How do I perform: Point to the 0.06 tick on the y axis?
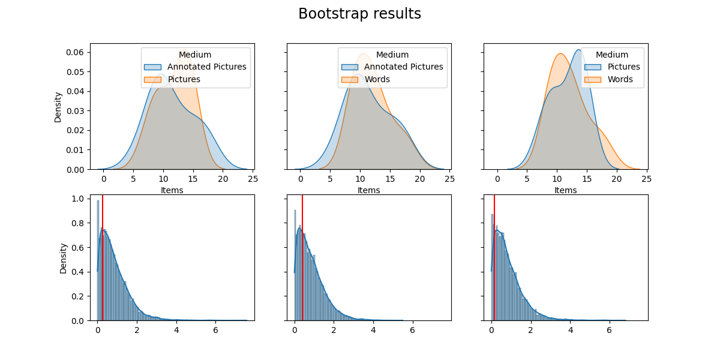point(75,52)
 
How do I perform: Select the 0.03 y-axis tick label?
point(75,111)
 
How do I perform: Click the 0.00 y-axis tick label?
point(75,170)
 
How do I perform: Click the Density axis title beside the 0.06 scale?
point(58,107)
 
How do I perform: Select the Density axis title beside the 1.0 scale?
point(63,258)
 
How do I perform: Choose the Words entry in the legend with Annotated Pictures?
point(377,79)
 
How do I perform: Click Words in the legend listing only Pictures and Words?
point(620,79)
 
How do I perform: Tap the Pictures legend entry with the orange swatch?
point(184,79)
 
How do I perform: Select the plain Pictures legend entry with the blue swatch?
point(623,67)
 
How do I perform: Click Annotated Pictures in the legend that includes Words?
point(403,67)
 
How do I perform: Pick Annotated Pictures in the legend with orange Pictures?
point(206,67)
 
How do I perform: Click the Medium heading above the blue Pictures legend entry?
point(612,55)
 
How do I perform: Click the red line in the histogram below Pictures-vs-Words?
point(494,258)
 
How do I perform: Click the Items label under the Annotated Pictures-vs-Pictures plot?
point(172,190)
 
